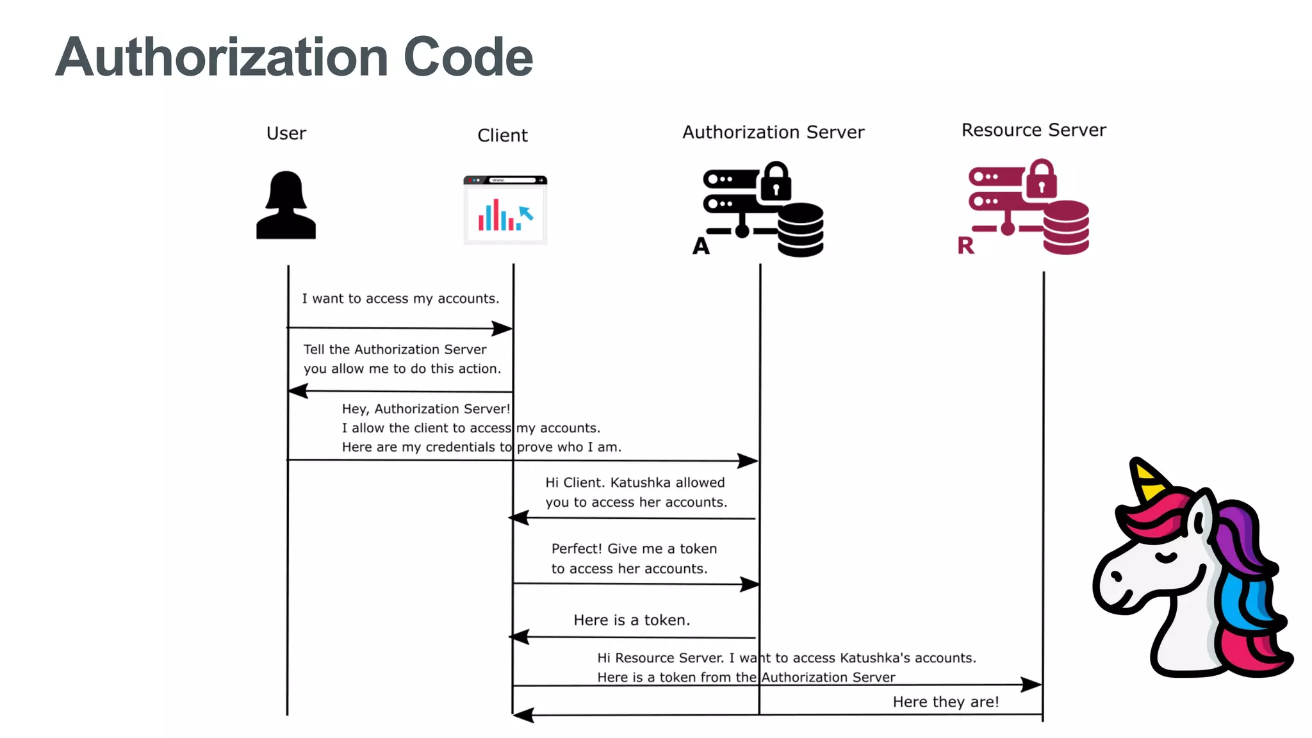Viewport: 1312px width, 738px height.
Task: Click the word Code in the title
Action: (x=468, y=58)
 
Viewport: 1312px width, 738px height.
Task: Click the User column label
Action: (x=286, y=133)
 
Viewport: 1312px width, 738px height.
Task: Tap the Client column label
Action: (x=502, y=135)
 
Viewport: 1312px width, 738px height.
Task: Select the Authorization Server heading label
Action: (x=773, y=132)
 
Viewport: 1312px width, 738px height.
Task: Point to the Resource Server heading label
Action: (x=1033, y=130)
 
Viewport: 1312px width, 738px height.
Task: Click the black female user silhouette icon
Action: (x=286, y=206)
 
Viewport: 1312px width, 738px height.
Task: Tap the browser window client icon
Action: (x=505, y=210)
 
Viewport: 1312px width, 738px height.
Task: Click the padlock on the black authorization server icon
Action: (x=776, y=182)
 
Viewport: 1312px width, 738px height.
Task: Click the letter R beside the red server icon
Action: (x=965, y=245)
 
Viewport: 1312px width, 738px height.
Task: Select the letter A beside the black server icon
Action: (x=701, y=246)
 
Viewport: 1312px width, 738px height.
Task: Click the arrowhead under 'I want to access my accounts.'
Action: (x=503, y=329)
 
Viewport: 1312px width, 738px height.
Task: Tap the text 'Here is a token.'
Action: (x=631, y=620)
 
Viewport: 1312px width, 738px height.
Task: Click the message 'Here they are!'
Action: (x=946, y=702)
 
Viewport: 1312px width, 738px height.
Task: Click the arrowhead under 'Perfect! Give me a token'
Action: (x=750, y=584)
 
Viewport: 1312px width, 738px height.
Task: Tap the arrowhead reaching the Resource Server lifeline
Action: (x=1031, y=685)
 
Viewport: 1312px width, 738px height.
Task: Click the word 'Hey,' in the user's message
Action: (x=355, y=409)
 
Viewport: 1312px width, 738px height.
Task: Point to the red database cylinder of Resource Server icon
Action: (x=1065, y=228)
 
